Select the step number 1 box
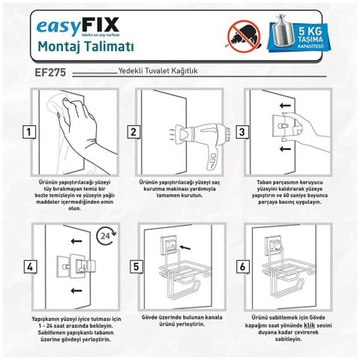tap(28, 133)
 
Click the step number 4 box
tap(28, 266)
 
